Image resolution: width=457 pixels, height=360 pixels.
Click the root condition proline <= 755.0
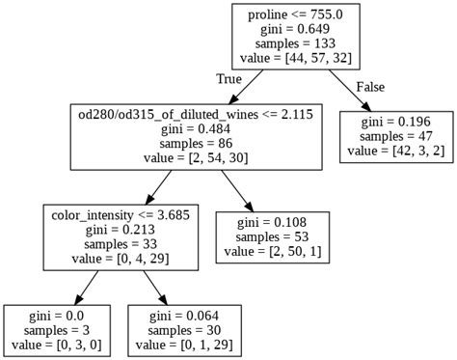295,14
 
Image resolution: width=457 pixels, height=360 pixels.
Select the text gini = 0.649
295,29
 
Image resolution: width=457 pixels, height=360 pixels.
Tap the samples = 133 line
295,44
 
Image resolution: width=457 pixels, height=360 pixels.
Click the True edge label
229,79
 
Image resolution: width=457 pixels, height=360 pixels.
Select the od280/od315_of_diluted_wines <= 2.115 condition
199,115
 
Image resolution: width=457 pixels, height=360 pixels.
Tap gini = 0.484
199,130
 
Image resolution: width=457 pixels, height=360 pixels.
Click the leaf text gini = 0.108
278,222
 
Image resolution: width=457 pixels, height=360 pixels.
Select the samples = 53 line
278,237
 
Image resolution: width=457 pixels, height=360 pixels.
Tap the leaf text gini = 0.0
58,316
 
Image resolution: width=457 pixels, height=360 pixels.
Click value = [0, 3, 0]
58,346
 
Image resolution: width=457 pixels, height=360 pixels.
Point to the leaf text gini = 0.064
183,316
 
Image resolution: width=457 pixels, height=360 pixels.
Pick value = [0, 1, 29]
183,346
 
